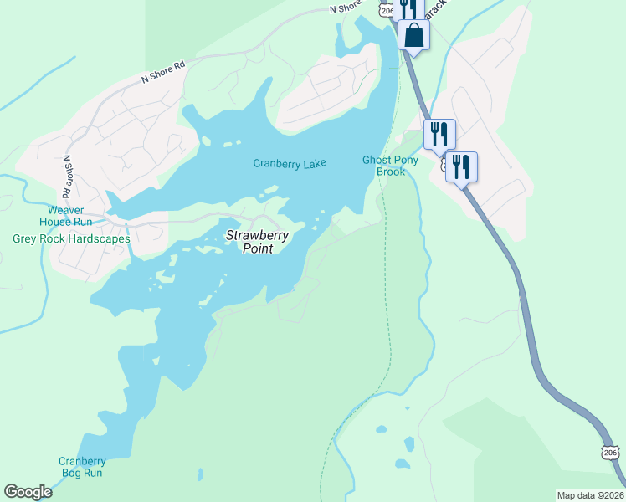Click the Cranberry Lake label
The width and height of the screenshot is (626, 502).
pyautogui.click(x=289, y=164)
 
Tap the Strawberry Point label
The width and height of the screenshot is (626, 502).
pyautogui.click(x=257, y=242)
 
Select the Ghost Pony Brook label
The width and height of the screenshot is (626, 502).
pyautogui.click(x=384, y=166)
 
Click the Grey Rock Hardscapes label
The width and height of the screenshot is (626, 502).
pyautogui.click(x=71, y=238)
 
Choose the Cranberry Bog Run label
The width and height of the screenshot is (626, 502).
pyautogui.click(x=82, y=467)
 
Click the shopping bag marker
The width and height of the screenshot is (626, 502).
pyautogui.click(x=413, y=36)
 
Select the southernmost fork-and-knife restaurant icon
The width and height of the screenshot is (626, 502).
pyautogui.click(x=461, y=166)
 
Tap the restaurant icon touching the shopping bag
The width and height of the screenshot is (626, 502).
pyautogui.click(x=407, y=8)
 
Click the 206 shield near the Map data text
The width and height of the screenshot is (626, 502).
pyautogui.click(x=610, y=452)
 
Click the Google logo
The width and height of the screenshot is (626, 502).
pyautogui.click(x=28, y=492)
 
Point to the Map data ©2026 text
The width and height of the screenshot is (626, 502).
pyautogui.click(x=589, y=495)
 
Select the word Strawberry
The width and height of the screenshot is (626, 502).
pyautogui.click(x=257, y=236)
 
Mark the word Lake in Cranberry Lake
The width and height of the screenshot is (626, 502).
pyautogui.click(x=314, y=164)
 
